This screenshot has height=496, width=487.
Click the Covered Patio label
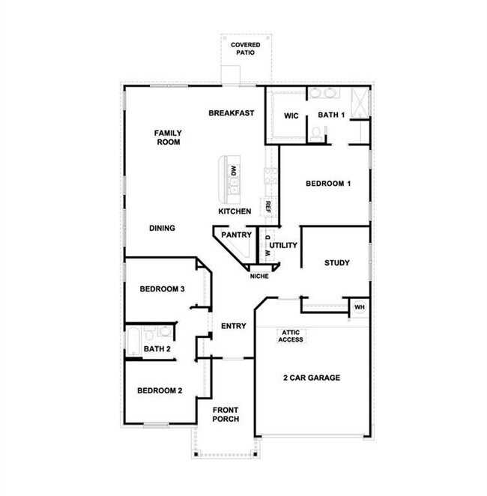tap(246, 49)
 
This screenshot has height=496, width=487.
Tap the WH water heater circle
tap(359, 307)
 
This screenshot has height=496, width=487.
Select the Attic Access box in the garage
tap(291, 336)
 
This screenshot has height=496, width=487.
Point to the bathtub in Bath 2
tap(133, 342)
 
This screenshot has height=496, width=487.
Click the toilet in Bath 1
tap(315, 134)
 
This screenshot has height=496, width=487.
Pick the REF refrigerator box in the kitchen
tap(268, 207)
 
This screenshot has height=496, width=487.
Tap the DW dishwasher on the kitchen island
tap(234, 171)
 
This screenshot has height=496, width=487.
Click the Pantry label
tap(237, 235)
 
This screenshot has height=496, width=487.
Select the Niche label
tap(259, 276)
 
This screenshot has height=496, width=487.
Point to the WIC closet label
tap(291, 116)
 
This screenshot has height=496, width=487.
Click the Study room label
tap(337, 263)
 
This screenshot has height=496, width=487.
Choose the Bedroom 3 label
tap(163, 289)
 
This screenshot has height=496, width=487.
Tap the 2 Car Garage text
tap(312, 378)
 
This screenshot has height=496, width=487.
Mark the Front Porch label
tap(226, 414)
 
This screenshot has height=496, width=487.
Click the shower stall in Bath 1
tap(360, 102)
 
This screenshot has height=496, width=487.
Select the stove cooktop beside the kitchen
tap(271, 176)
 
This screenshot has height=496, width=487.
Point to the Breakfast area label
tap(232, 113)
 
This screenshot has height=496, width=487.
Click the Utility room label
tap(283, 245)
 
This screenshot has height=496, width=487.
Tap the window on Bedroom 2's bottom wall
tap(157, 425)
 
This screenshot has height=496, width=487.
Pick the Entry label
tap(233, 326)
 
